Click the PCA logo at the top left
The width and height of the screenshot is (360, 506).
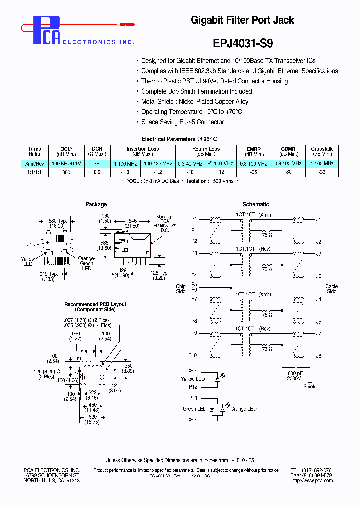[x=47, y=30]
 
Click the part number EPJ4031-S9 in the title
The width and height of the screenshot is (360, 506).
[x=242, y=43]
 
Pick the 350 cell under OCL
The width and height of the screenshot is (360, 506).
[x=66, y=172]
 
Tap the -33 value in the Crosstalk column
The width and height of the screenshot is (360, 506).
[x=321, y=172]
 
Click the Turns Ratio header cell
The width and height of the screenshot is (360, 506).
[x=34, y=152]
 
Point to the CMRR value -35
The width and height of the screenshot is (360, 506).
[x=253, y=172]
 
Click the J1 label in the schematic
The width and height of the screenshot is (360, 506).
[x=319, y=219]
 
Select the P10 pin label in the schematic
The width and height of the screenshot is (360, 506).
[x=193, y=355]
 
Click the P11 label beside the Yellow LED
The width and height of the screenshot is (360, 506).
[x=193, y=371]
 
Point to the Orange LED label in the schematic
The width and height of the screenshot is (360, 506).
[x=243, y=409]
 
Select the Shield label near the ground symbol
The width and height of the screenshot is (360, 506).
[x=310, y=386]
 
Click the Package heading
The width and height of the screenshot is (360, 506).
[x=96, y=204]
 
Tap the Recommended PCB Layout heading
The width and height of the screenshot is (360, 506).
[x=95, y=304]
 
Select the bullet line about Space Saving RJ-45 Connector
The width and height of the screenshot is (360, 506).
[x=182, y=122]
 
